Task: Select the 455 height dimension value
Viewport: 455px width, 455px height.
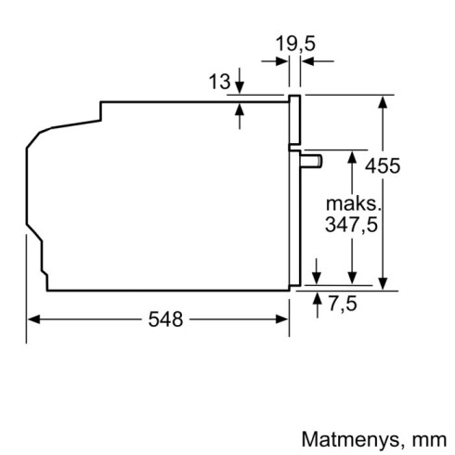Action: [409, 166]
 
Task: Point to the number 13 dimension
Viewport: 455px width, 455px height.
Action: [219, 83]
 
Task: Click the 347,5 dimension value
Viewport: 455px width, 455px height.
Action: [351, 225]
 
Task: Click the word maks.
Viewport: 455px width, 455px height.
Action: [350, 202]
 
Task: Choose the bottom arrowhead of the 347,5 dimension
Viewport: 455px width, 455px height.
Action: [351, 280]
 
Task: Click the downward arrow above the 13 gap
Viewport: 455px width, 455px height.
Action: [241, 86]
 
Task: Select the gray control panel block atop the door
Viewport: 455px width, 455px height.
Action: [295, 121]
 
